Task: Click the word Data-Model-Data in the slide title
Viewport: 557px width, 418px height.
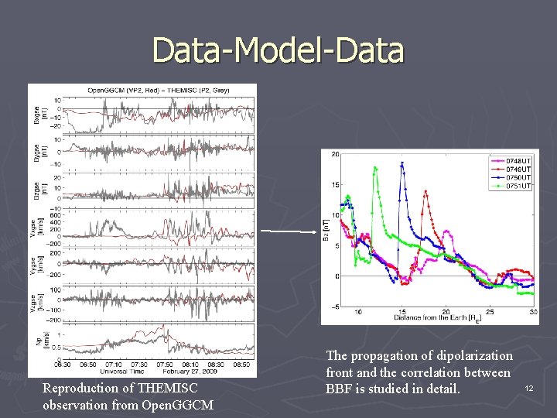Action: pos(278,50)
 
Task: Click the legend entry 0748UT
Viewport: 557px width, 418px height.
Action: pos(519,161)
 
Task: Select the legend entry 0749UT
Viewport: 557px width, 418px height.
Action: pos(519,169)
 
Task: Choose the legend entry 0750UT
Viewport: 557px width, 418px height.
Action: pos(519,177)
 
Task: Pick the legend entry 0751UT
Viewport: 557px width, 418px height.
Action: pos(519,186)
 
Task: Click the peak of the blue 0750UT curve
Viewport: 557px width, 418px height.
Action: pos(401,163)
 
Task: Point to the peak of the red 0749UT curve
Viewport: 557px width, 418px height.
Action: pos(425,193)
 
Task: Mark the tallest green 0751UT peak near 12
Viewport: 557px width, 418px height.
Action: pos(375,168)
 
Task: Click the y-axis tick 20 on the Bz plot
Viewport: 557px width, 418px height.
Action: pos(334,154)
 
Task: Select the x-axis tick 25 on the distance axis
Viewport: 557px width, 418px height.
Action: pos(490,312)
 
